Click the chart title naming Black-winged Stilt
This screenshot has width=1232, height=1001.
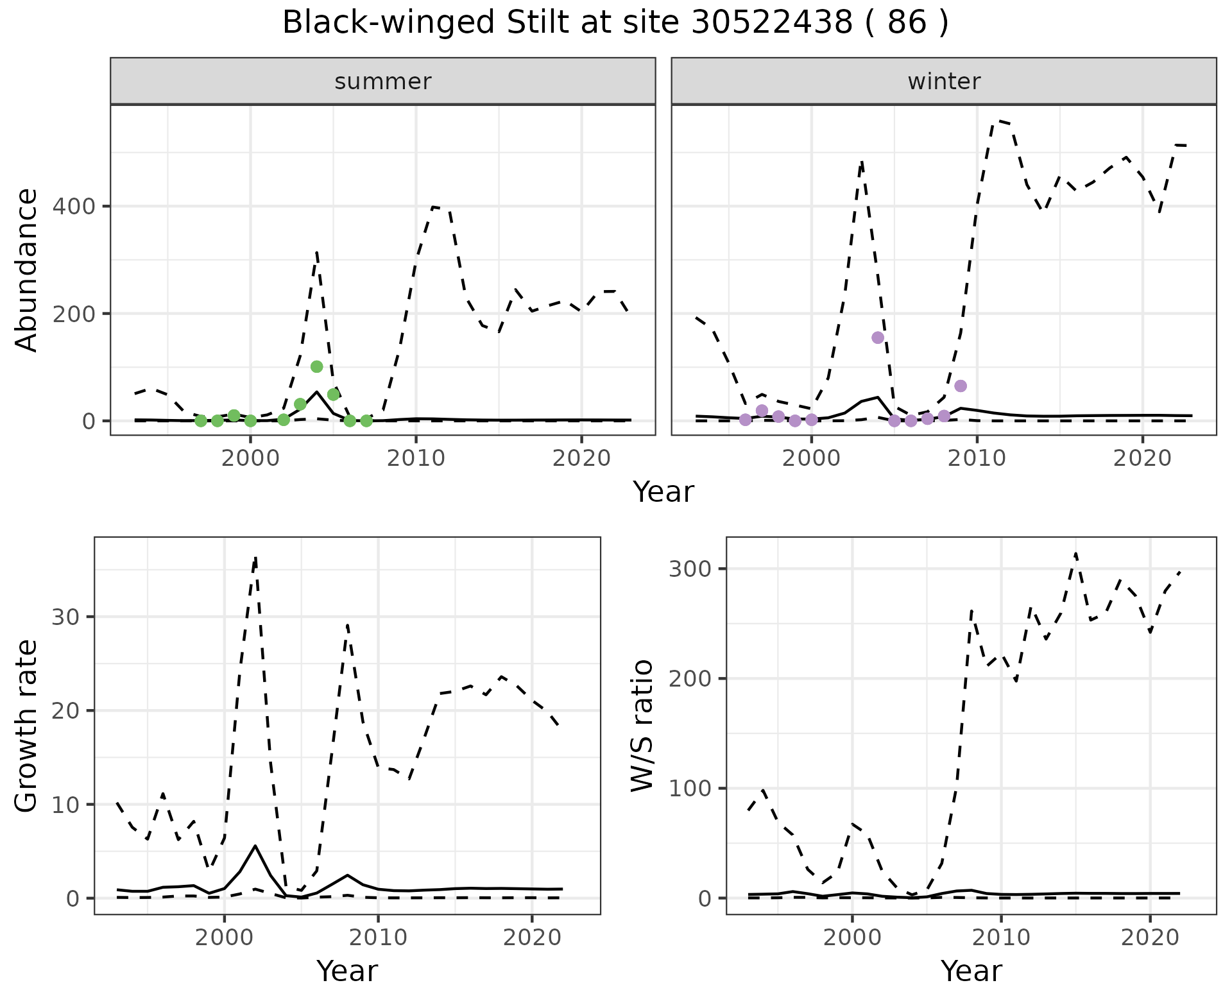tap(615, 23)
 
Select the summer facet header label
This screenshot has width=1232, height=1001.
tap(382, 81)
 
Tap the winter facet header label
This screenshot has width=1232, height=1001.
tap(943, 81)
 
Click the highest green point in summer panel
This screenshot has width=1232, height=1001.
tap(316, 366)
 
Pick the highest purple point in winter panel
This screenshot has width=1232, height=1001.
tap(878, 338)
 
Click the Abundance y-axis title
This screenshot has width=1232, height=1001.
tap(27, 270)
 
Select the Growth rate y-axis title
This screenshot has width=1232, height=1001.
tap(27, 726)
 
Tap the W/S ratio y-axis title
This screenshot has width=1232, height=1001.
tap(642, 726)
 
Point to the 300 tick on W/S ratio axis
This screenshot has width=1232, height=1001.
tap(689, 569)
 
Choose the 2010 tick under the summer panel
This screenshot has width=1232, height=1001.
tap(416, 459)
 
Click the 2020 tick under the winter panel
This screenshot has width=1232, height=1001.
tap(1142, 459)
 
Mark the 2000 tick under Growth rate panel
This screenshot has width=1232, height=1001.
tap(224, 937)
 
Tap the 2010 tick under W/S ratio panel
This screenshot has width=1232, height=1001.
tap(1001, 937)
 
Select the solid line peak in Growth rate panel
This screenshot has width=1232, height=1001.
tap(255, 846)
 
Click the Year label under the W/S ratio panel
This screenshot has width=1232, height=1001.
tap(971, 971)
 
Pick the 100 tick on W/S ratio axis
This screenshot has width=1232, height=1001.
tap(689, 789)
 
